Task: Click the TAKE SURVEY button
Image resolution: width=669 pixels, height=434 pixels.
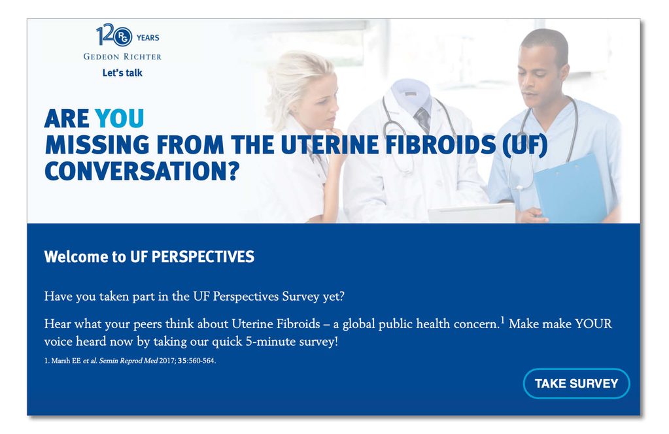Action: tap(576, 383)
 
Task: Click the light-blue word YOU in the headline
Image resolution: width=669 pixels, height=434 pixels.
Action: tap(120, 118)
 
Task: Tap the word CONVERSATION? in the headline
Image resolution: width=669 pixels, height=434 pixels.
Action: tap(142, 171)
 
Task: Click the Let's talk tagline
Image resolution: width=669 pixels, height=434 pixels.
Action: tap(122, 73)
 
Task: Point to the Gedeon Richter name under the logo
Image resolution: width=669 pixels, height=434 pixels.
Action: tap(122, 56)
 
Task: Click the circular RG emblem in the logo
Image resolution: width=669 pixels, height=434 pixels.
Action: tap(123, 37)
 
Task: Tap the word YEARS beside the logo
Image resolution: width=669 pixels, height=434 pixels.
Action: tap(148, 37)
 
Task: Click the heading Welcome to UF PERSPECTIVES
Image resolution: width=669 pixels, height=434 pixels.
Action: tap(149, 257)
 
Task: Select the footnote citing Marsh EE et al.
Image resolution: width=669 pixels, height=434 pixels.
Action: tap(130, 361)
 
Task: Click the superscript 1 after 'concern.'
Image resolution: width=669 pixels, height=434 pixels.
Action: tap(503, 320)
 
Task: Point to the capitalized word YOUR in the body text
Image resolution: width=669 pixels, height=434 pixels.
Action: tap(594, 324)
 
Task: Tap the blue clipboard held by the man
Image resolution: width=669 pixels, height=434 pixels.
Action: tap(571, 189)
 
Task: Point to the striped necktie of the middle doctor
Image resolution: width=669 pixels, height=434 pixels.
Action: tap(422, 120)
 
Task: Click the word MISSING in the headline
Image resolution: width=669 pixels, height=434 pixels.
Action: tap(97, 145)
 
